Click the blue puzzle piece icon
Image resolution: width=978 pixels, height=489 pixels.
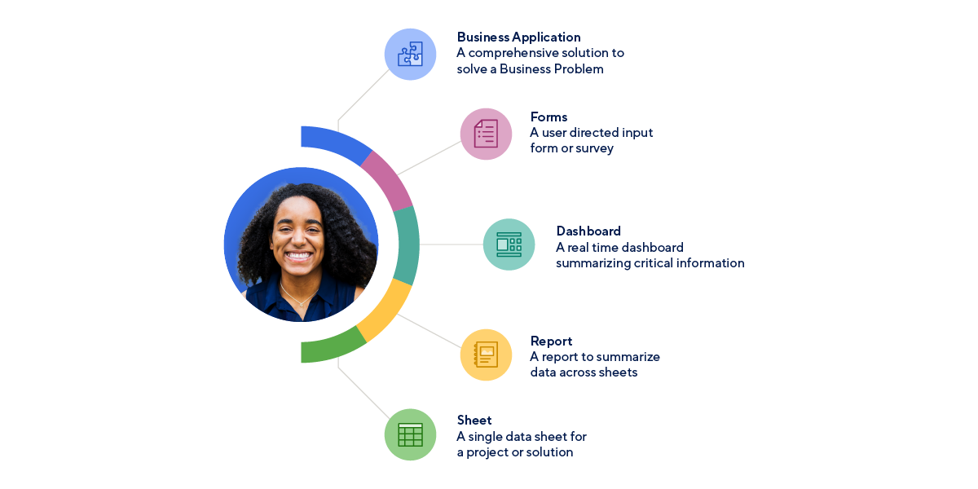point(410,55)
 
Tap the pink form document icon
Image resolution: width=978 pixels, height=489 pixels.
point(486,134)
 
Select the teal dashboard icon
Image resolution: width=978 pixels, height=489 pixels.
point(509,244)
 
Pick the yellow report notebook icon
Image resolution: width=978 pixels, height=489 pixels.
point(486,355)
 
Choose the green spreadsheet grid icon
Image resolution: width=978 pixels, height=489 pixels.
point(410,434)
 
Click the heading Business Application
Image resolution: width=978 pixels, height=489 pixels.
point(518,37)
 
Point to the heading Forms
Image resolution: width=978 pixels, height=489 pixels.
point(548,117)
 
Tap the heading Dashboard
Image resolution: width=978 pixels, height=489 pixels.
point(588,231)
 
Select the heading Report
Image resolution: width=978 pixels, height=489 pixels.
point(551,341)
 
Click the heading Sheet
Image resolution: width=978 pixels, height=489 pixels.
point(474,421)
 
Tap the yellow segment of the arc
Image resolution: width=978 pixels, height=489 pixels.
point(385,311)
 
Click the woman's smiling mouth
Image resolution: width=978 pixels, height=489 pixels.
point(299,255)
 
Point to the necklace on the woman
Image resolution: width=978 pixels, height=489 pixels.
point(298,302)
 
